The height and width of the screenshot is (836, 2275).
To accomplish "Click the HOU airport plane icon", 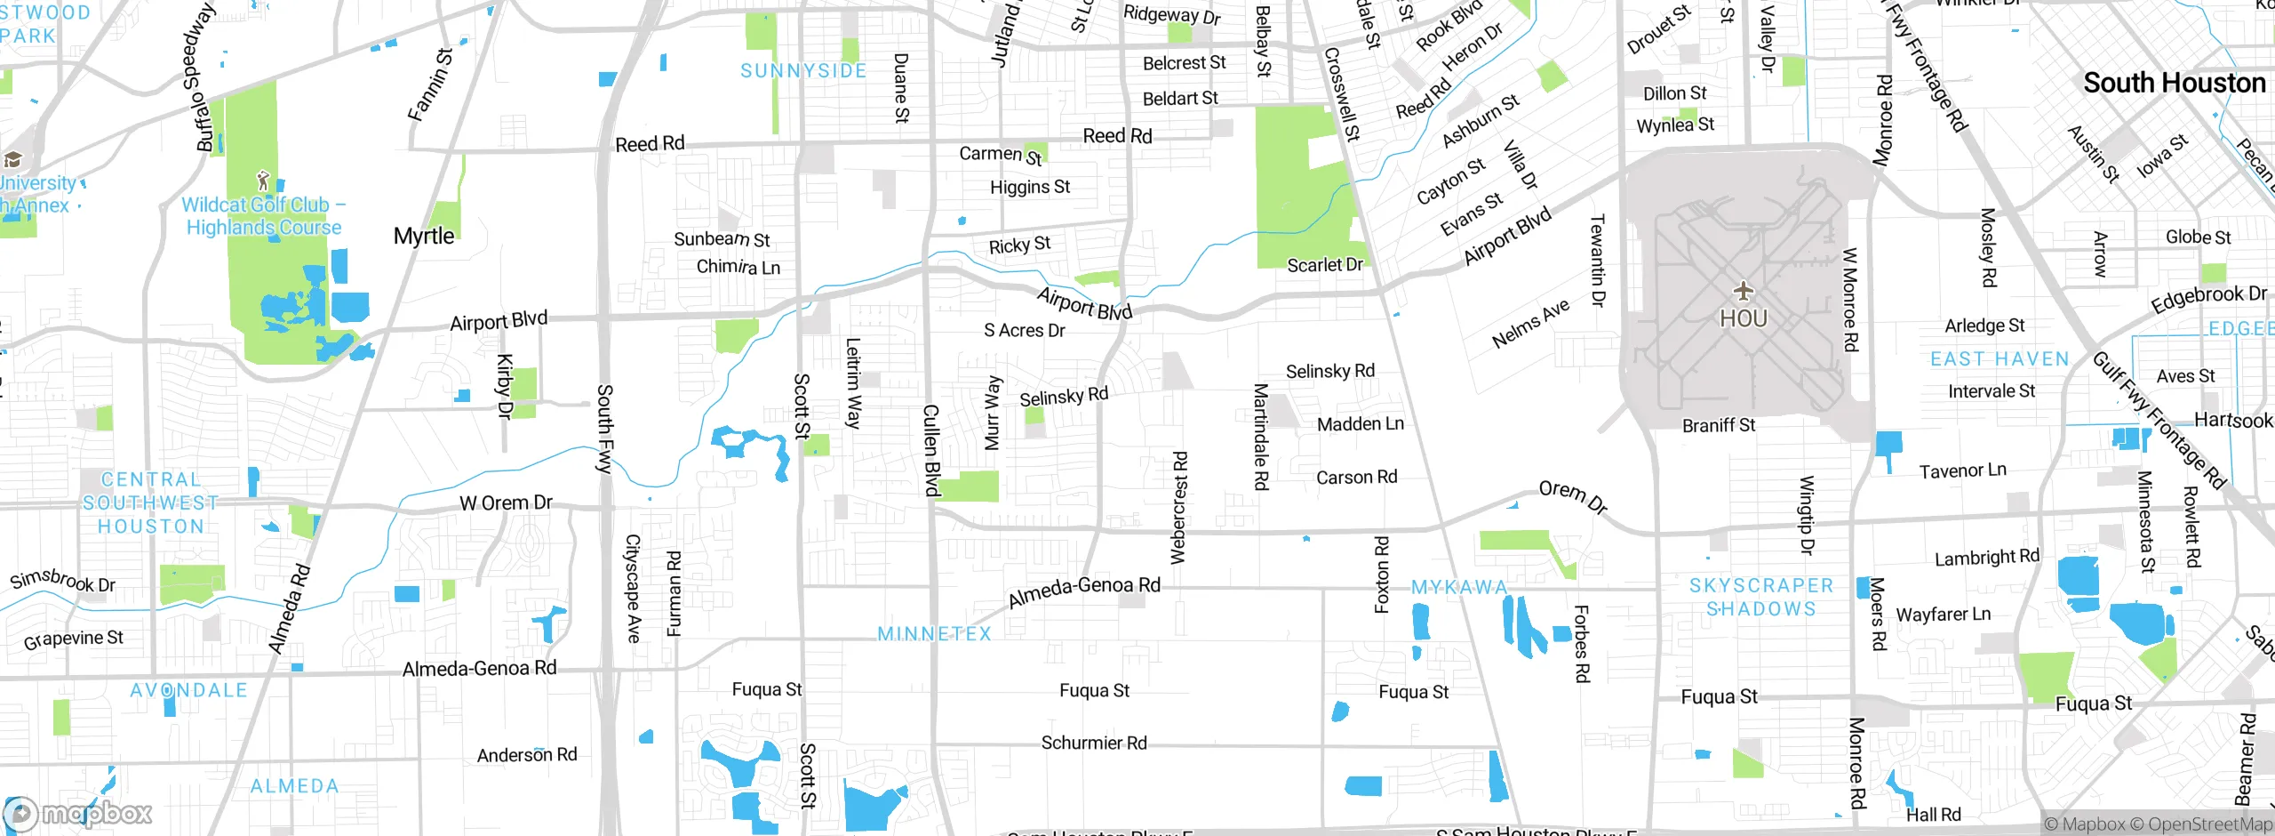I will pos(1743,291).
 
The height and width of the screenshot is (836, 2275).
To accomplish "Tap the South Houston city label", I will pos(2174,84).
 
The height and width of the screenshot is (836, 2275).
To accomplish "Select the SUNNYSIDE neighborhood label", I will pos(803,71).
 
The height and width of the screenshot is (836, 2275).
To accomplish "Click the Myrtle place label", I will pos(424,237).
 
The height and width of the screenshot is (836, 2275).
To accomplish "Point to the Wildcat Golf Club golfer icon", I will pos(262,181).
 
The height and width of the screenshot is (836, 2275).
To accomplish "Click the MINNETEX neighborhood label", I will pos(934,634).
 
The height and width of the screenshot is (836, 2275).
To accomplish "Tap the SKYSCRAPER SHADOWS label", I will pos(1760,598).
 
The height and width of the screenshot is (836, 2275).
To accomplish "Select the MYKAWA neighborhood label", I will pos(1459,588).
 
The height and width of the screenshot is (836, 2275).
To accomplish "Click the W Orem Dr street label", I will pos(506,503).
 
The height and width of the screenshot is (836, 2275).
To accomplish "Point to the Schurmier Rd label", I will pos(1093,743).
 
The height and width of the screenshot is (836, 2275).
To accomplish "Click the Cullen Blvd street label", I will pos(930,450).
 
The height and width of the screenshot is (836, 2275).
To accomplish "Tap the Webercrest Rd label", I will pos(1178,508).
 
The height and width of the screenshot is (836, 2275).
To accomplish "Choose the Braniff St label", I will pos(1718,426).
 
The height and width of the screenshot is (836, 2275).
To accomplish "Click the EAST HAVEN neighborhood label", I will pos(2000,359).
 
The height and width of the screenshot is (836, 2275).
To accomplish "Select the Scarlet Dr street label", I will pos(1324,265).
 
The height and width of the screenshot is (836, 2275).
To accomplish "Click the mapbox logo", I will pos(78,813).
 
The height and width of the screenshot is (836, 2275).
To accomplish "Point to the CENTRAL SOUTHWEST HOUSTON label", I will pos(150,503).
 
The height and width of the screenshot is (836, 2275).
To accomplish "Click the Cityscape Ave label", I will pos(633,588).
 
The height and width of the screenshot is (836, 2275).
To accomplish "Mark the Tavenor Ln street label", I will pos(1962,470).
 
